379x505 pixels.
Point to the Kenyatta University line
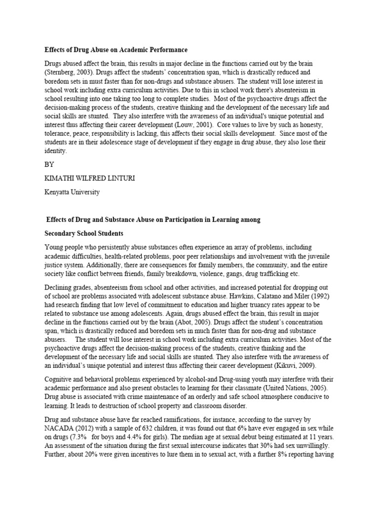pos(72,192)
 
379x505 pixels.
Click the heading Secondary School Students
pos(84,233)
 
